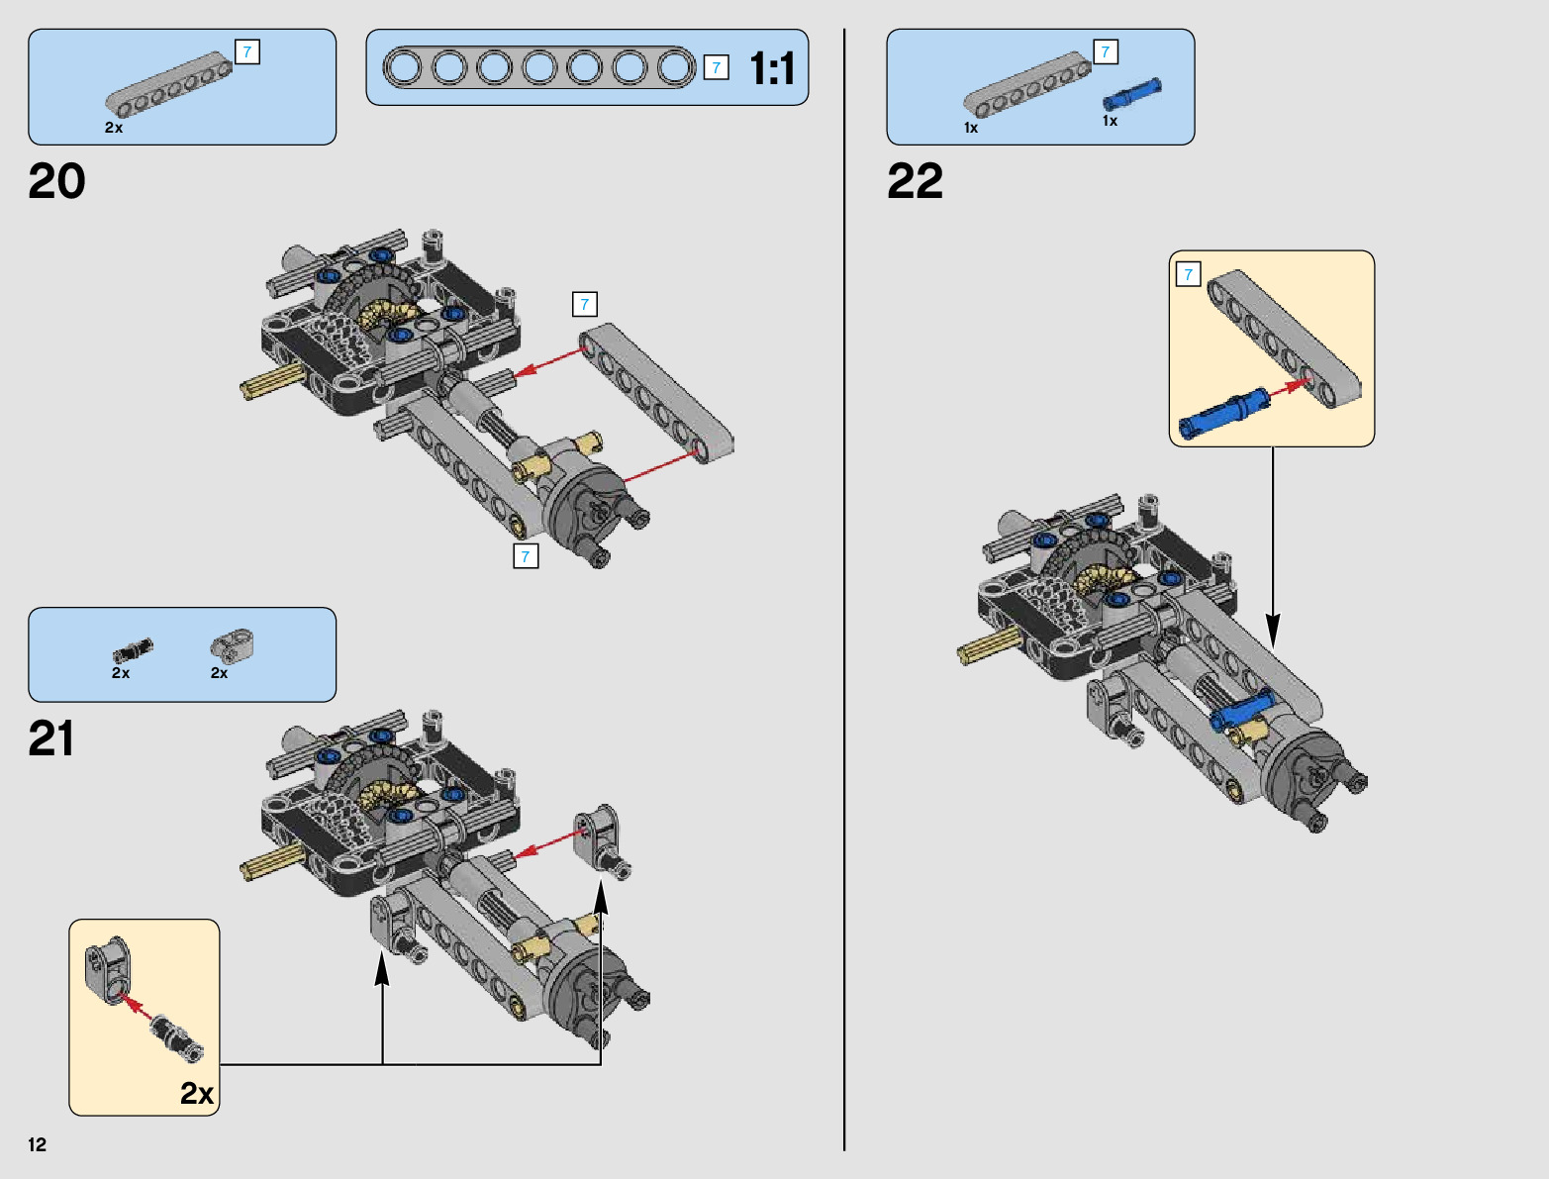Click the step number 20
(57, 182)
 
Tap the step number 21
(51, 739)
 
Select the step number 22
(915, 182)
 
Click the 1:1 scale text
(772, 69)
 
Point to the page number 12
(38, 1145)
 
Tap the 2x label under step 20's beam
(114, 128)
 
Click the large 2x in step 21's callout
(197, 1093)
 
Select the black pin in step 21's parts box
(133, 650)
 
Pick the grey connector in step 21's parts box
(233, 646)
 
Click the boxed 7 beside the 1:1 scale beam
(717, 67)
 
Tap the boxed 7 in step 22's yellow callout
(1188, 274)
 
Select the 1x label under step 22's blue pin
(1111, 121)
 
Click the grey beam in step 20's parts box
(168, 81)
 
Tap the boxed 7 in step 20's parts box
(247, 51)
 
